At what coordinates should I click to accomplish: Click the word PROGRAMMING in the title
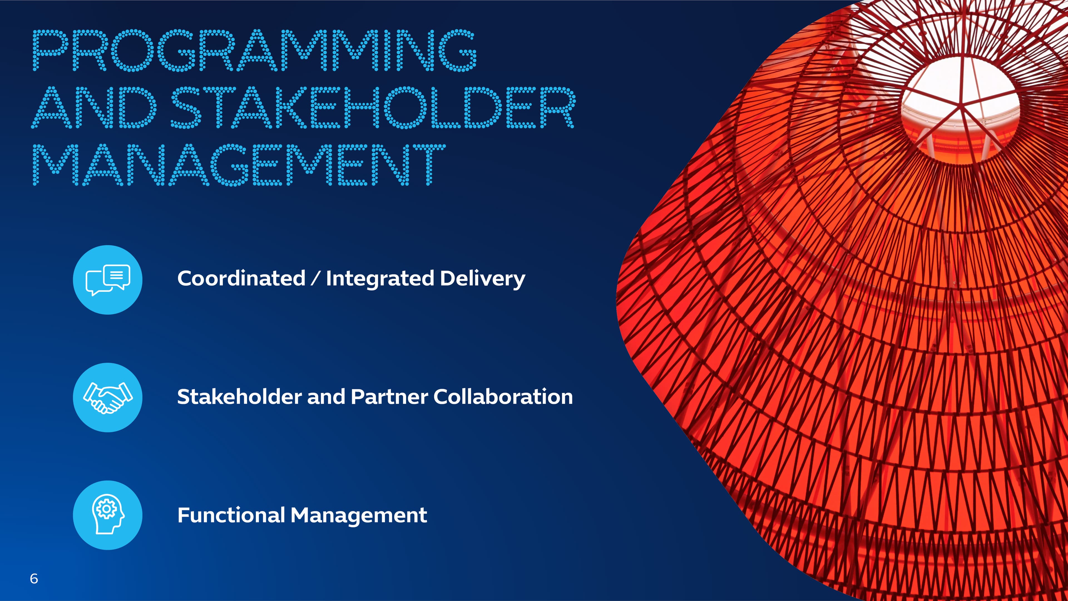click(254, 50)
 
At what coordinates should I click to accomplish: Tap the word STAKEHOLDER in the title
click(373, 107)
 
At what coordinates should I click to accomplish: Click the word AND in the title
click(94, 107)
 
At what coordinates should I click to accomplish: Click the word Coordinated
click(241, 278)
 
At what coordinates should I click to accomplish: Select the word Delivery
click(483, 278)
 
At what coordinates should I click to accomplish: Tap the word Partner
click(389, 397)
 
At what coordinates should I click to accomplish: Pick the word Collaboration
click(503, 397)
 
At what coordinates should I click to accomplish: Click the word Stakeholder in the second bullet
click(239, 397)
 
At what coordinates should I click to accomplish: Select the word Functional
click(231, 515)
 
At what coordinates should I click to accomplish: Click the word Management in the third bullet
click(359, 515)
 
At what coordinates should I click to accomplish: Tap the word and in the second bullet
click(326, 397)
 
